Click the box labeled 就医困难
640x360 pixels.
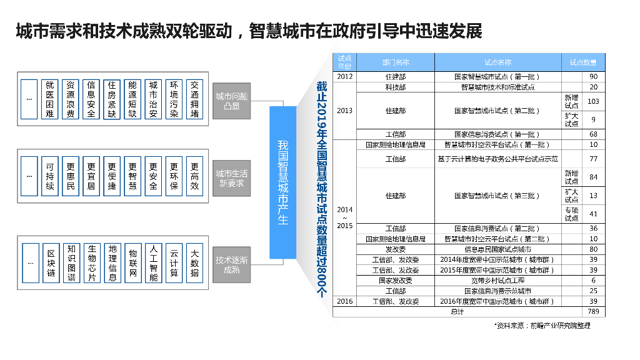tap(50, 99)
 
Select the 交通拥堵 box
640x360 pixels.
tap(195, 99)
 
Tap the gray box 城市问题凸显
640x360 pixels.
tap(231, 101)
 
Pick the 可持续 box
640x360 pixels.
tap(50, 176)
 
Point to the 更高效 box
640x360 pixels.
tap(195, 176)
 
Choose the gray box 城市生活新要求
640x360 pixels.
tap(231, 178)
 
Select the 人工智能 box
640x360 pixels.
tap(154, 263)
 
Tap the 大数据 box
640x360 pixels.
tap(195, 263)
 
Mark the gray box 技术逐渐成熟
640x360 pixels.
tap(231, 264)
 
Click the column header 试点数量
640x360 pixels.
tap(583, 62)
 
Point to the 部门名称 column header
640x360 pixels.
tap(396, 62)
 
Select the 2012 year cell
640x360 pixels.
tap(344, 77)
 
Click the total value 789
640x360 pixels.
tap(593, 311)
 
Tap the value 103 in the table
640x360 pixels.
tap(593, 101)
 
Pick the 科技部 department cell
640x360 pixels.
tap(396, 87)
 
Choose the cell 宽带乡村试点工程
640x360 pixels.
tap(498, 281)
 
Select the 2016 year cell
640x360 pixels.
tap(344, 301)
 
